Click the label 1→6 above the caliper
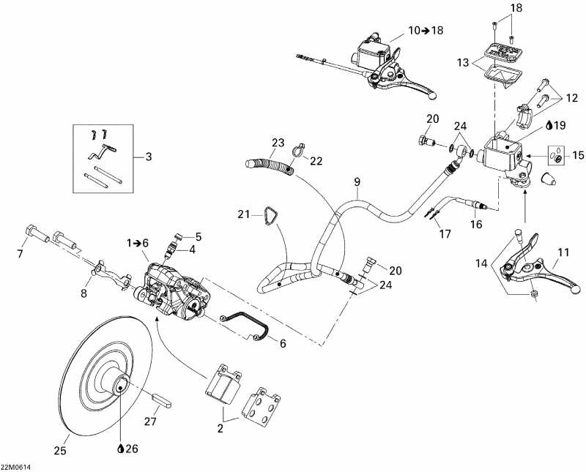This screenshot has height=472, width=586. pyautogui.click(x=138, y=242)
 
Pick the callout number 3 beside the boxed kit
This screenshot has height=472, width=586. pyautogui.click(x=149, y=156)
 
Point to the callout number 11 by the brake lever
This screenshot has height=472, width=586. pyautogui.click(x=563, y=254)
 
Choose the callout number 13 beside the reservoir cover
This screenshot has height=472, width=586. pyautogui.click(x=463, y=64)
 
